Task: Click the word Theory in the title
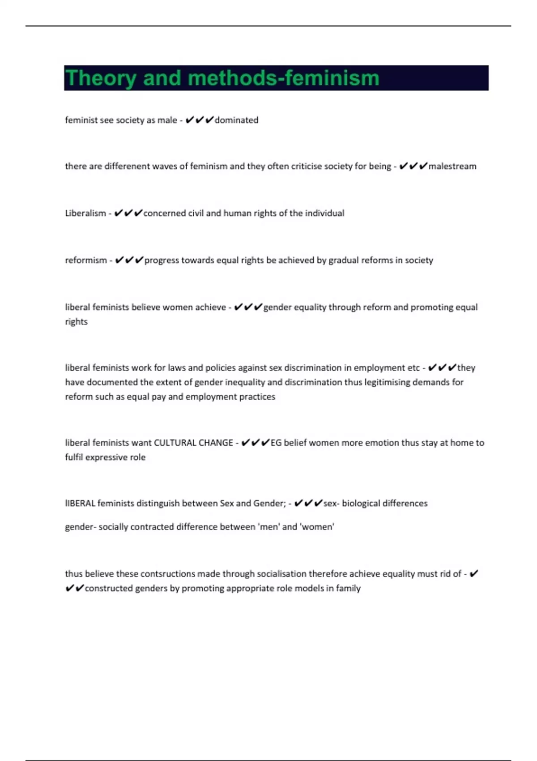101,78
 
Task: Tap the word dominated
236,120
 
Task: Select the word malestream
452,166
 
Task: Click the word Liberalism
85,213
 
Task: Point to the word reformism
86,260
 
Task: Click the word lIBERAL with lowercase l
80,503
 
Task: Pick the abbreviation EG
276,443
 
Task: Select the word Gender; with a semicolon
269,503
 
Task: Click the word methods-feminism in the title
283,78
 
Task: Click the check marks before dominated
199,120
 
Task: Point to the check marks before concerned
128,213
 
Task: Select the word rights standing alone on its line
76,321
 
